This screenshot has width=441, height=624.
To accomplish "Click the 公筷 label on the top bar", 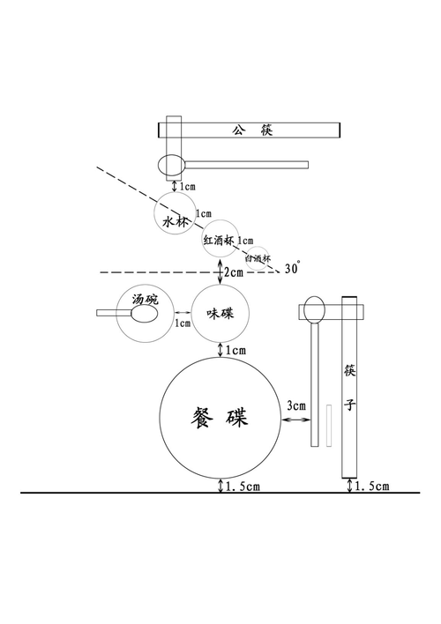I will [x=252, y=130].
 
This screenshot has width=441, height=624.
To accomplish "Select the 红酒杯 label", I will [x=218, y=240].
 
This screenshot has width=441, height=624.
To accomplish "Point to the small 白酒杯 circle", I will [x=258, y=258].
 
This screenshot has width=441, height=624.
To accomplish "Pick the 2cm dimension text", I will [x=235, y=272].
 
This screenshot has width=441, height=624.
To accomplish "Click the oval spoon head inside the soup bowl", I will [x=146, y=312].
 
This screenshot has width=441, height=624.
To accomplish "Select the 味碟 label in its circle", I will [x=220, y=314].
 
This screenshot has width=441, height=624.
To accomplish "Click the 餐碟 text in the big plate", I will [x=220, y=418].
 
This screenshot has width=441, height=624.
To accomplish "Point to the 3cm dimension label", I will [x=296, y=406].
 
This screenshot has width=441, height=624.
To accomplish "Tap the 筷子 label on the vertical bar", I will [x=350, y=388].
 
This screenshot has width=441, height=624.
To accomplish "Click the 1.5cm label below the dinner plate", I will [x=243, y=487].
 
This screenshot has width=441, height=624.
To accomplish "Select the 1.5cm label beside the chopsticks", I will [x=372, y=487].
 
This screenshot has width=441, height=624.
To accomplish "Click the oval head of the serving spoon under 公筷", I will [x=174, y=164].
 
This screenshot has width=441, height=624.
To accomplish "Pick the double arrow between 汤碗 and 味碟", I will [x=183, y=313].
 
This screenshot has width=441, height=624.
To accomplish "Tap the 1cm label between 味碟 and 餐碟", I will [x=235, y=351].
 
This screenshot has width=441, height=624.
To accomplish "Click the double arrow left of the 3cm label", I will [x=292, y=421].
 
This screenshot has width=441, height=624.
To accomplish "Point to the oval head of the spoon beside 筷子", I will [x=315, y=309].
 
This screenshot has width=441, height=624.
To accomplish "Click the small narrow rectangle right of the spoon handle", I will [x=328, y=425].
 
